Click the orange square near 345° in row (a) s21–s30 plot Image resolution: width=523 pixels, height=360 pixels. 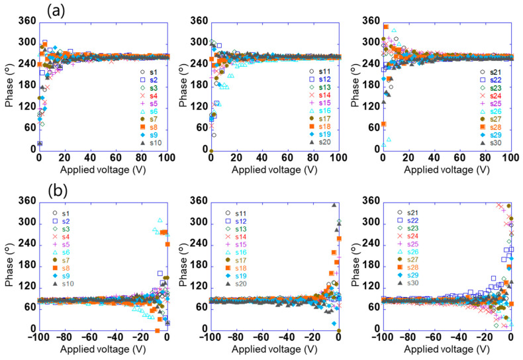[386, 27]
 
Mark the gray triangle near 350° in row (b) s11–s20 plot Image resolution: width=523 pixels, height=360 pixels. [334, 205]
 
